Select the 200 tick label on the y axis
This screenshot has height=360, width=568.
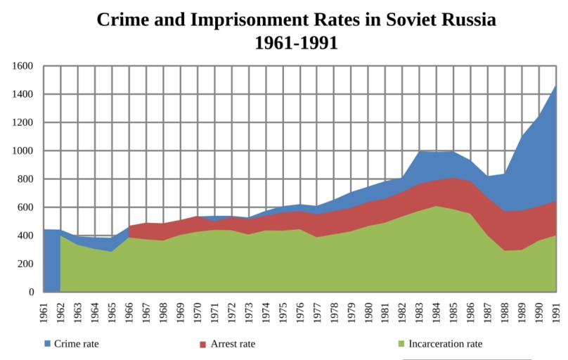(x=27, y=264)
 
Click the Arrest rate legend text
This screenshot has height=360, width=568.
(x=233, y=345)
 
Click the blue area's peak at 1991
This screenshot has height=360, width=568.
(x=555, y=88)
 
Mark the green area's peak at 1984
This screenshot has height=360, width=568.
(x=436, y=207)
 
